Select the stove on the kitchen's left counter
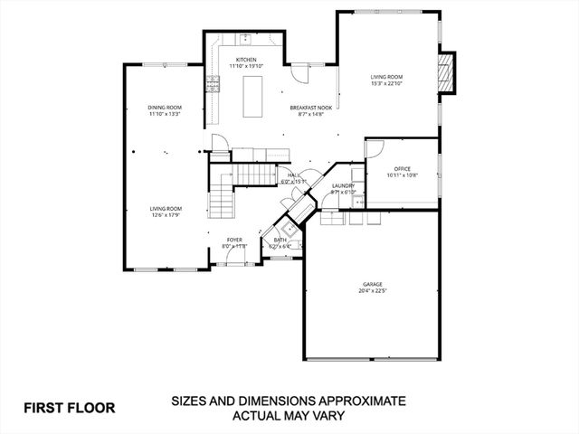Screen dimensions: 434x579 [214, 84]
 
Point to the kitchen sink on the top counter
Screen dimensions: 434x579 [244, 39]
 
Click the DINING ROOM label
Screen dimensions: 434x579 [166, 108]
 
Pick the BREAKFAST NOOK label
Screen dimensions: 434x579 [311, 108]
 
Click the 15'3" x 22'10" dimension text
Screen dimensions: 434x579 [386, 84]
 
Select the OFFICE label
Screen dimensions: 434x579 [403, 168]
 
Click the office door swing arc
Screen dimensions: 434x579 [376, 150]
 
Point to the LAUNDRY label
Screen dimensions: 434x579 [343, 185]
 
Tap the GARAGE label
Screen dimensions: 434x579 [373, 285]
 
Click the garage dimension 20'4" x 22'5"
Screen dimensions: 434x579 [373, 291]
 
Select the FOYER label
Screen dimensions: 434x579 [233, 241]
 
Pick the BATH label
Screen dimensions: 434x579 [280, 240]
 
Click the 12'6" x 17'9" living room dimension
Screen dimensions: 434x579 [166, 215]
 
